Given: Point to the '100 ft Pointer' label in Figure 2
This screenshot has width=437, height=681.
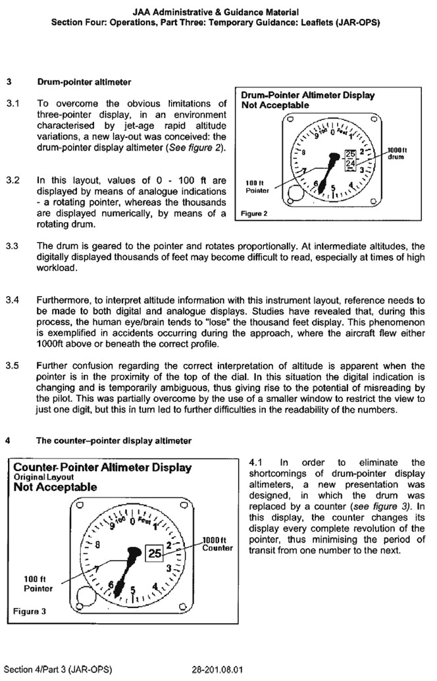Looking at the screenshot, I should click(x=255, y=186).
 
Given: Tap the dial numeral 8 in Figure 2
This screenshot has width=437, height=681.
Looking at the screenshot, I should click(x=304, y=153).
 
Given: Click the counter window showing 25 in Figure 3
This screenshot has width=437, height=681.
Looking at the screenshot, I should click(x=155, y=553).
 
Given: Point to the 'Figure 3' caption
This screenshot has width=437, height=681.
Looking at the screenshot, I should click(x=30, y=611).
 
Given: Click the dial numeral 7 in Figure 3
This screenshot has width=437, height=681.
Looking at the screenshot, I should click(x=97, y=568).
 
